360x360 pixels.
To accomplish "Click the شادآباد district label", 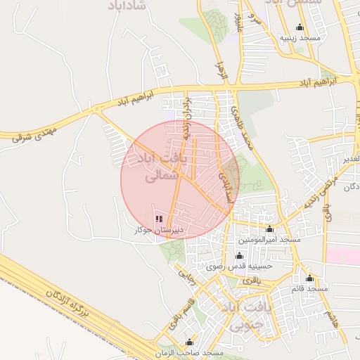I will pyautogui.click(x=127, y=5).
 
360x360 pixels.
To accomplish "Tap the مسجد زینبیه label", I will pyautogui.click(x=300, y=37).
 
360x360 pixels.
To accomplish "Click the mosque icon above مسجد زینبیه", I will pyautogui.click(x=300, y=27).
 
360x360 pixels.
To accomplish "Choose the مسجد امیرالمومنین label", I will pyautogui.click(x=269, y=240).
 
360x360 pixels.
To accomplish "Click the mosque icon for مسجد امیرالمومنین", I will pyautogui.click(x=269, y=229).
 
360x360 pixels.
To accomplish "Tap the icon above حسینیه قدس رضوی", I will pyautogui.click(x=238, y=256).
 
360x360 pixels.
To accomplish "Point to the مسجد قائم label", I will pyautogui.click(x=309, y=288).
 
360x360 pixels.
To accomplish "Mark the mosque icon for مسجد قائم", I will pyautogui.click(x=310, y=278).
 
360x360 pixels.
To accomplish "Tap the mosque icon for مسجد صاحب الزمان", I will pyautogui.click(x=188, y=342).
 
